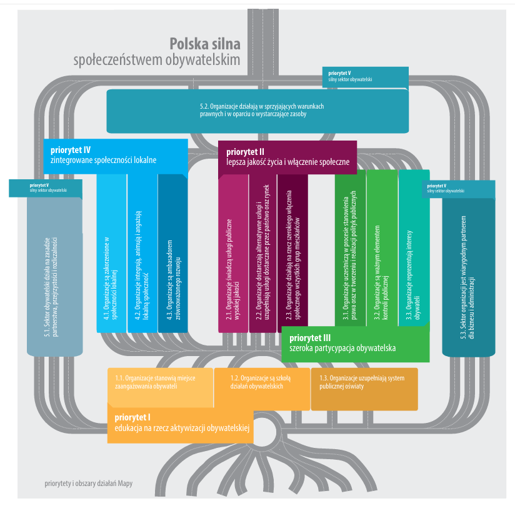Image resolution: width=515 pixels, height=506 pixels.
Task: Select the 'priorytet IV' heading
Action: [x=70, y=150]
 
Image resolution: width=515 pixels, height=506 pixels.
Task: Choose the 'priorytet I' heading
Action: [x=133, y=417]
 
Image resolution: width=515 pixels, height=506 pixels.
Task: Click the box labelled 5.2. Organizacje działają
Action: [x=257, y=111]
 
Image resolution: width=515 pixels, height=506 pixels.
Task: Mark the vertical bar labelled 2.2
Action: [x=262, y=256]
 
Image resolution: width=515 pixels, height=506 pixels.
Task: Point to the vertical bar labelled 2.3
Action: [x=292, y=256]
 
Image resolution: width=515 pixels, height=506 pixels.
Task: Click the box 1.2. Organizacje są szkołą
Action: [x=261, y=382]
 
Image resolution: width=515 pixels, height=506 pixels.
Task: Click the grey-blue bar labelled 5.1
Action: [x=55, y=275]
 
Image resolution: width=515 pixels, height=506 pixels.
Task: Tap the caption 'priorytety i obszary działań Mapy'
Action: [x=89, y=483]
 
